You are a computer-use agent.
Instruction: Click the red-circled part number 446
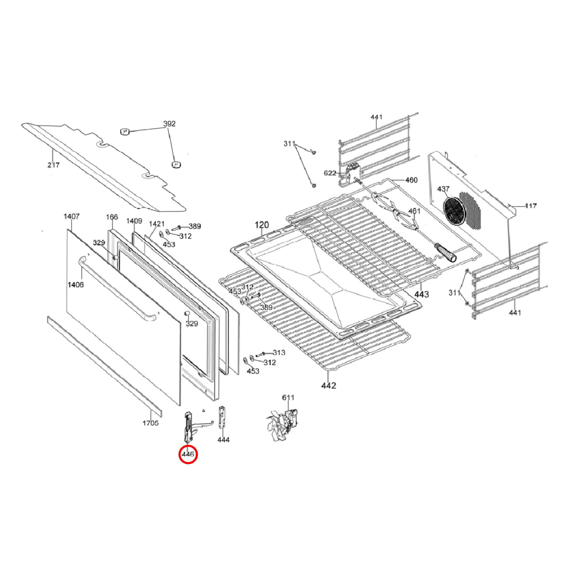point(188,454)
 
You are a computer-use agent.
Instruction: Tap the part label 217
point(53,165)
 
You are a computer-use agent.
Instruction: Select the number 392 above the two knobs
point(169,124)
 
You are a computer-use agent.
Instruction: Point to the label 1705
point(151,423)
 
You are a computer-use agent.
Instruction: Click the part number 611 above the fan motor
point(288,398)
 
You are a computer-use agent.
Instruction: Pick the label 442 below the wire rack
point(328,385)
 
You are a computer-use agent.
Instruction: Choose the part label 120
point(262,225)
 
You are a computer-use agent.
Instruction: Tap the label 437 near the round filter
point(443,189)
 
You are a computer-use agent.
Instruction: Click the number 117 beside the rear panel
point(531,206)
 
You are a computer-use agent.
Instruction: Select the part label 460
point(411,180)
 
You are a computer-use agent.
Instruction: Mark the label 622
point(330,173)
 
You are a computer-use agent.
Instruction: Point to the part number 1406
point(76,285)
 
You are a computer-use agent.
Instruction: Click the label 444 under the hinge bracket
point(223,440)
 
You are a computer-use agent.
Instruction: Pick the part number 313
point(279,353)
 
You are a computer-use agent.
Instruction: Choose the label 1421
point(157,224)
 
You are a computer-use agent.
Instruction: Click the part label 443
point(421,294)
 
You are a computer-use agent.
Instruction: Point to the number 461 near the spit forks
point(414,211)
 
